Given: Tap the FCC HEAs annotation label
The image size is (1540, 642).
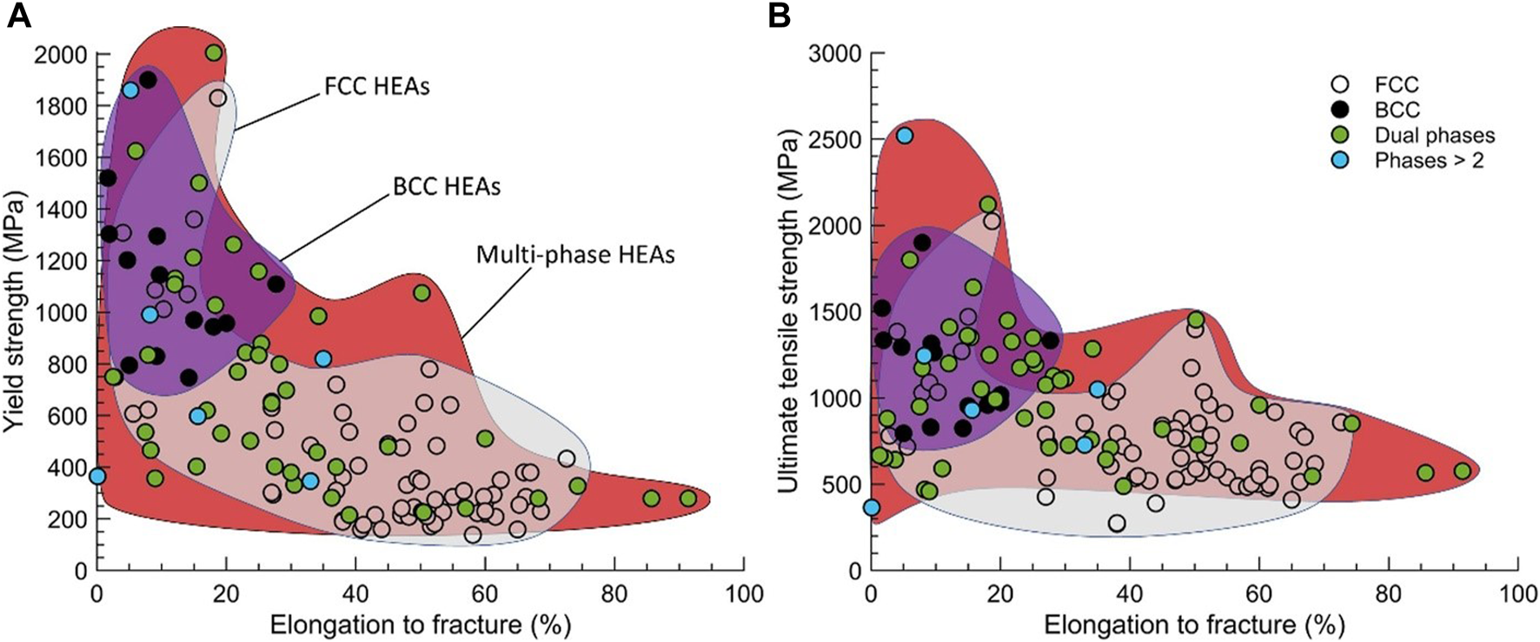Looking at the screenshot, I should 376,87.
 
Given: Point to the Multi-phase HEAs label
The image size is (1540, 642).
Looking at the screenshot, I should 575,254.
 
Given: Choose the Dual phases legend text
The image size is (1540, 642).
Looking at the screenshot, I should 1435,135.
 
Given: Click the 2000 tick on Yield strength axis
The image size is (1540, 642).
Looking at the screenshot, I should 60,55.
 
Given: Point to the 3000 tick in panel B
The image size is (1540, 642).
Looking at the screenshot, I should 835,55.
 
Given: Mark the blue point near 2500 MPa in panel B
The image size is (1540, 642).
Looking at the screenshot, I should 905,135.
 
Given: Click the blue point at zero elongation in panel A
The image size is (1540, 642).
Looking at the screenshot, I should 97,476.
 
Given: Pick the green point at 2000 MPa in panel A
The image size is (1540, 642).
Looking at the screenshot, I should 214,53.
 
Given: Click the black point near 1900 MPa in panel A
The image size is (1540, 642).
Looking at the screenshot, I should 148,79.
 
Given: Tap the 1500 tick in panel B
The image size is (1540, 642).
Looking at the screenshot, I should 835,313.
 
